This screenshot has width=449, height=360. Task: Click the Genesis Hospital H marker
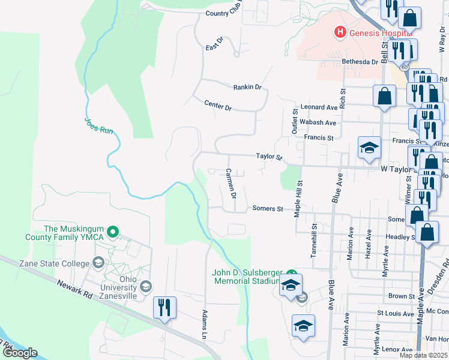tap(340, 32)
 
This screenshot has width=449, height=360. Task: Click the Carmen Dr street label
tap(231, 184)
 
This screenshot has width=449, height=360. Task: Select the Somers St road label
tap(267, 209)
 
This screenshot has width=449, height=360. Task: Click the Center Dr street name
tap(217, 106)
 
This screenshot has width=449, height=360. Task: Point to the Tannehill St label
tap(313, 241)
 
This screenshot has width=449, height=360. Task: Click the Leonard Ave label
tap(319, 107)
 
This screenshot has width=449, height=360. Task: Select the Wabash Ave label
tap(318, 122)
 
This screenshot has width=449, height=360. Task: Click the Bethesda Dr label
tap(360, 62)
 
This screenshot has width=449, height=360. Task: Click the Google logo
tap(20, 353)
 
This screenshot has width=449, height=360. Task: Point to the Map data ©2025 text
tap(423, 355)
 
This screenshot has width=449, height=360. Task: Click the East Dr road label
tap(214, 44)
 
